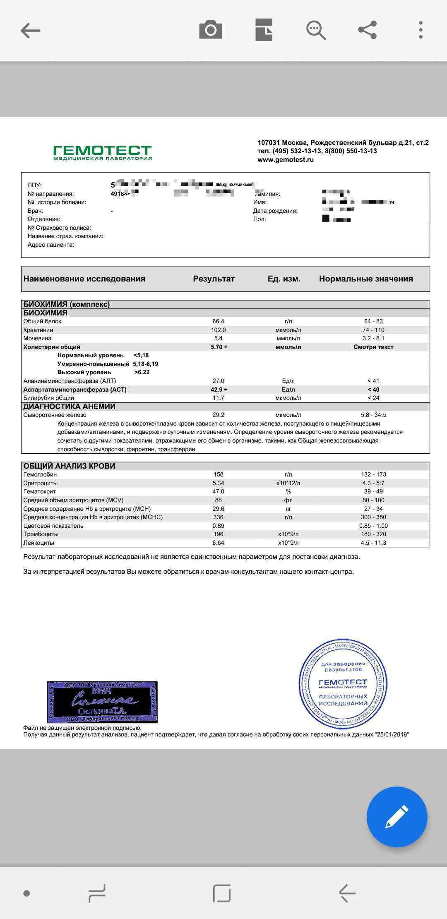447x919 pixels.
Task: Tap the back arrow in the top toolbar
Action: [x=31, y=31]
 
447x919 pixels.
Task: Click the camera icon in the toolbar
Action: [x=211, y=30]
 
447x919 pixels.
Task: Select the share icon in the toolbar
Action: [x=367, y=30]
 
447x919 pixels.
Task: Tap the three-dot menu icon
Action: [x=421, y=30]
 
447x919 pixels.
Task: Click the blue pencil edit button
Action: [x=397, y=816]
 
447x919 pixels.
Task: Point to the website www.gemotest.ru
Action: [x=285, y=160]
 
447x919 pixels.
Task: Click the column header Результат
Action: [x=214, y=279]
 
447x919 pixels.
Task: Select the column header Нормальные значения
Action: [x=366, y=279]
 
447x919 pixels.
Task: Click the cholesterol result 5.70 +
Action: [x=219, y=347]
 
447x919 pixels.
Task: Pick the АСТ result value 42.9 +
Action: [x=219, y=390]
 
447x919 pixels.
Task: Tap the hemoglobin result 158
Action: [x=218, y=474]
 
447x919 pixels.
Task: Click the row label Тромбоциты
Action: [x=41, y=534]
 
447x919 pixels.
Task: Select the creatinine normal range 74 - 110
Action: [x=373, y=330]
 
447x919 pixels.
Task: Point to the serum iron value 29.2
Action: [x=218, y=415]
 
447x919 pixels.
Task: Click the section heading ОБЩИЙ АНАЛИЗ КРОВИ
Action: [x=69, y=466]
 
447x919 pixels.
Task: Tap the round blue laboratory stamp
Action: [x=343, y=683]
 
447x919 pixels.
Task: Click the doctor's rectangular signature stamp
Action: [x=102, y=702]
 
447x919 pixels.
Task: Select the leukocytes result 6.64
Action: [x=218, y=543]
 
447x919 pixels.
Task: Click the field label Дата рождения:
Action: [x=275, y=211]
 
